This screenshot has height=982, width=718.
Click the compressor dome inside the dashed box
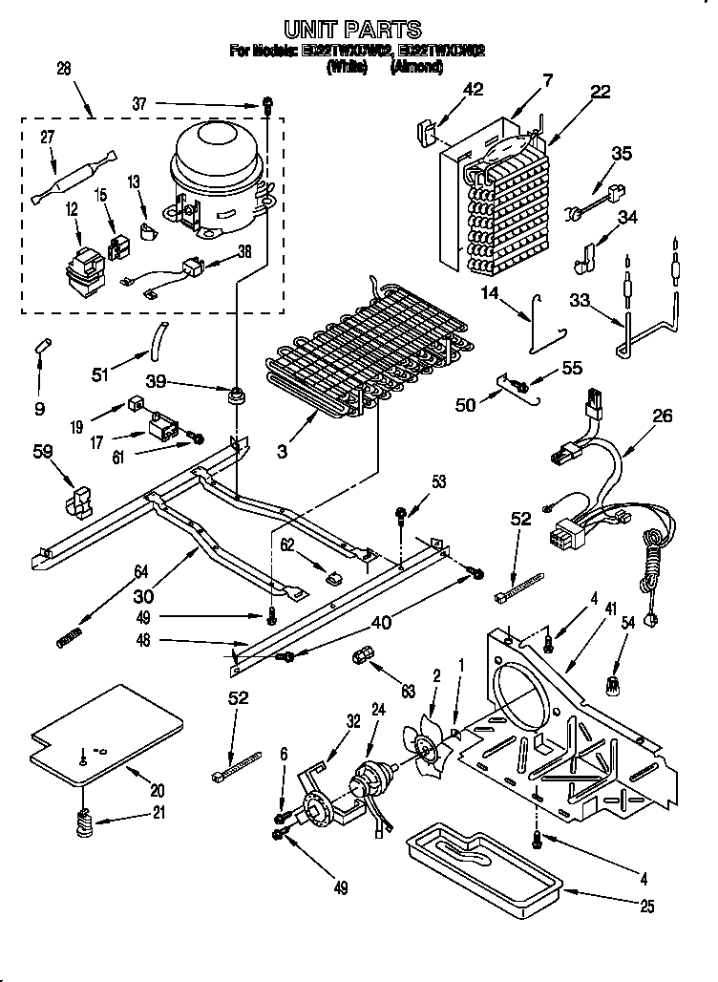pyautogui.click(x=216, y=158)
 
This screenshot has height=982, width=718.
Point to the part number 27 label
pyautogui.click(x=47, y=138)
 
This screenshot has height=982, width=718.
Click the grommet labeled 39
pyautogui.click(x=233, y=394)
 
